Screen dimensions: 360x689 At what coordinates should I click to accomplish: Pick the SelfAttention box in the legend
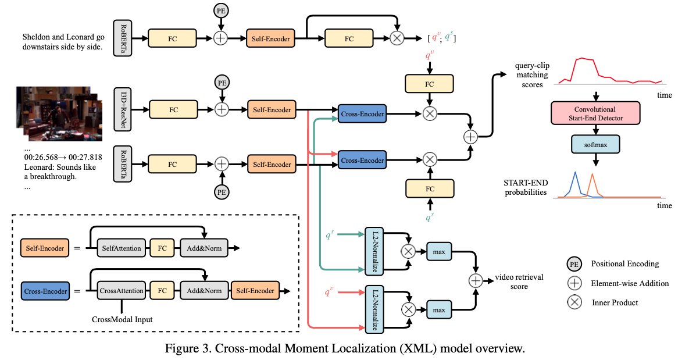pos(120,248)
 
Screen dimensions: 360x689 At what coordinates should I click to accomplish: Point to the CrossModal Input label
pos(122,319)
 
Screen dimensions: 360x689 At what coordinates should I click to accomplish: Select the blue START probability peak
pos(575,174)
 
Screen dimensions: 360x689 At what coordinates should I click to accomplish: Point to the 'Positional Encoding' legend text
pos(624,263)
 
